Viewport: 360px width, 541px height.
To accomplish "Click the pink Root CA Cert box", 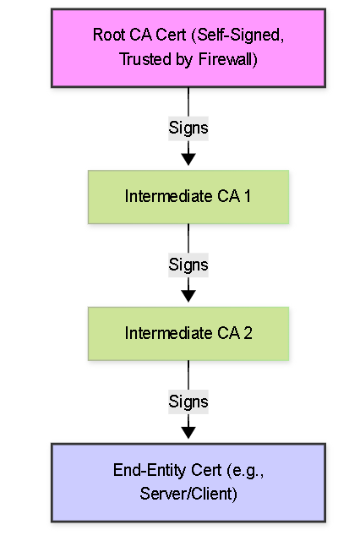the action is [188, 47].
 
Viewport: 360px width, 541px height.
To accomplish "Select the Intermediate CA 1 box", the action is [188, 197].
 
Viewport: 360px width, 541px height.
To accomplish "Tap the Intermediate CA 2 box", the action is [188, 334].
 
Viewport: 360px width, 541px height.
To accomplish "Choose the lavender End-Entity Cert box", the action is [188, 483].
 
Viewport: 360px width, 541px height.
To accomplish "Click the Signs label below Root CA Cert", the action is [188, 128].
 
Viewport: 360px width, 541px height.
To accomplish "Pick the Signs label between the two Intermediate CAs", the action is [188, 265].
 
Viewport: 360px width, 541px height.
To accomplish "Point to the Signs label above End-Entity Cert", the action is [188, 402].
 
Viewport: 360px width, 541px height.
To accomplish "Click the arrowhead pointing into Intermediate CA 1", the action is [188, 160].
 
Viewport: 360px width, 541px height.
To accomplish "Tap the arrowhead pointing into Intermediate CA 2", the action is [188, 297].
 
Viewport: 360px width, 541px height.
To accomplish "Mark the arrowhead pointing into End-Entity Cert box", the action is [188, 433].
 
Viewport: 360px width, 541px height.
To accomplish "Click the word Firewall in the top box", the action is [228, 59].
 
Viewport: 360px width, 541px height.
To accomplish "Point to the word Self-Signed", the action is [238, 36].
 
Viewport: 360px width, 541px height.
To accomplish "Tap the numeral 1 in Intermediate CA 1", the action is [248, 196].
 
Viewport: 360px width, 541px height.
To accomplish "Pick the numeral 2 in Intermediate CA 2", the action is [248, 333].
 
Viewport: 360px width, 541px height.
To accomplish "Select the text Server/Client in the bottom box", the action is [188, 494].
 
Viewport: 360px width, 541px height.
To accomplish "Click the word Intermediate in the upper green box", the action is [168, 196].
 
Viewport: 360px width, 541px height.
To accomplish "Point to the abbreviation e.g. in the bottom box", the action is [245, 471].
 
